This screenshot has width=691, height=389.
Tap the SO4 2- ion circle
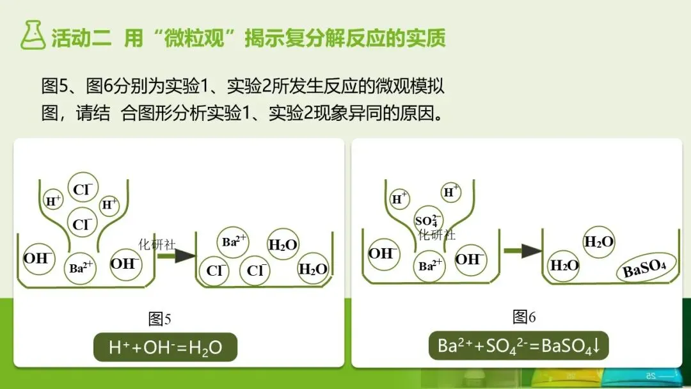[x=428, y=219]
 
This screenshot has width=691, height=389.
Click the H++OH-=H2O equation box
[x=165, y=347]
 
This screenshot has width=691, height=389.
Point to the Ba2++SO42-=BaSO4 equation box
[x=518, y=346]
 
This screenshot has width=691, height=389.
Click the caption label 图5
[x=159, y=318]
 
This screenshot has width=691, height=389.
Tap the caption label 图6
[x=524, y=316]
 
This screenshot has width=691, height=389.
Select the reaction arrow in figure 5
[x=176, y=256]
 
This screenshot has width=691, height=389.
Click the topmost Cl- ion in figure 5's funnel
[x=83, y=189]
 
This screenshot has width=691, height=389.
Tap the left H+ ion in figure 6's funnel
[x=400, y=198]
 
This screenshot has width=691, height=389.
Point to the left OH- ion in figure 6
[x=382, y=253]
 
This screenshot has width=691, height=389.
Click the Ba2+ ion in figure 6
[x=429, y=266]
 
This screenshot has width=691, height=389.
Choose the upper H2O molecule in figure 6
[x=599, y=242]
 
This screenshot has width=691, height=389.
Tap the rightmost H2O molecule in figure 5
[x=313, y=269]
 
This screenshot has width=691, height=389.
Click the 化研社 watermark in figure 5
[x=157, y=244]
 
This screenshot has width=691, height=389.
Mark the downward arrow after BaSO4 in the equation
[x=596, y=346]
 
